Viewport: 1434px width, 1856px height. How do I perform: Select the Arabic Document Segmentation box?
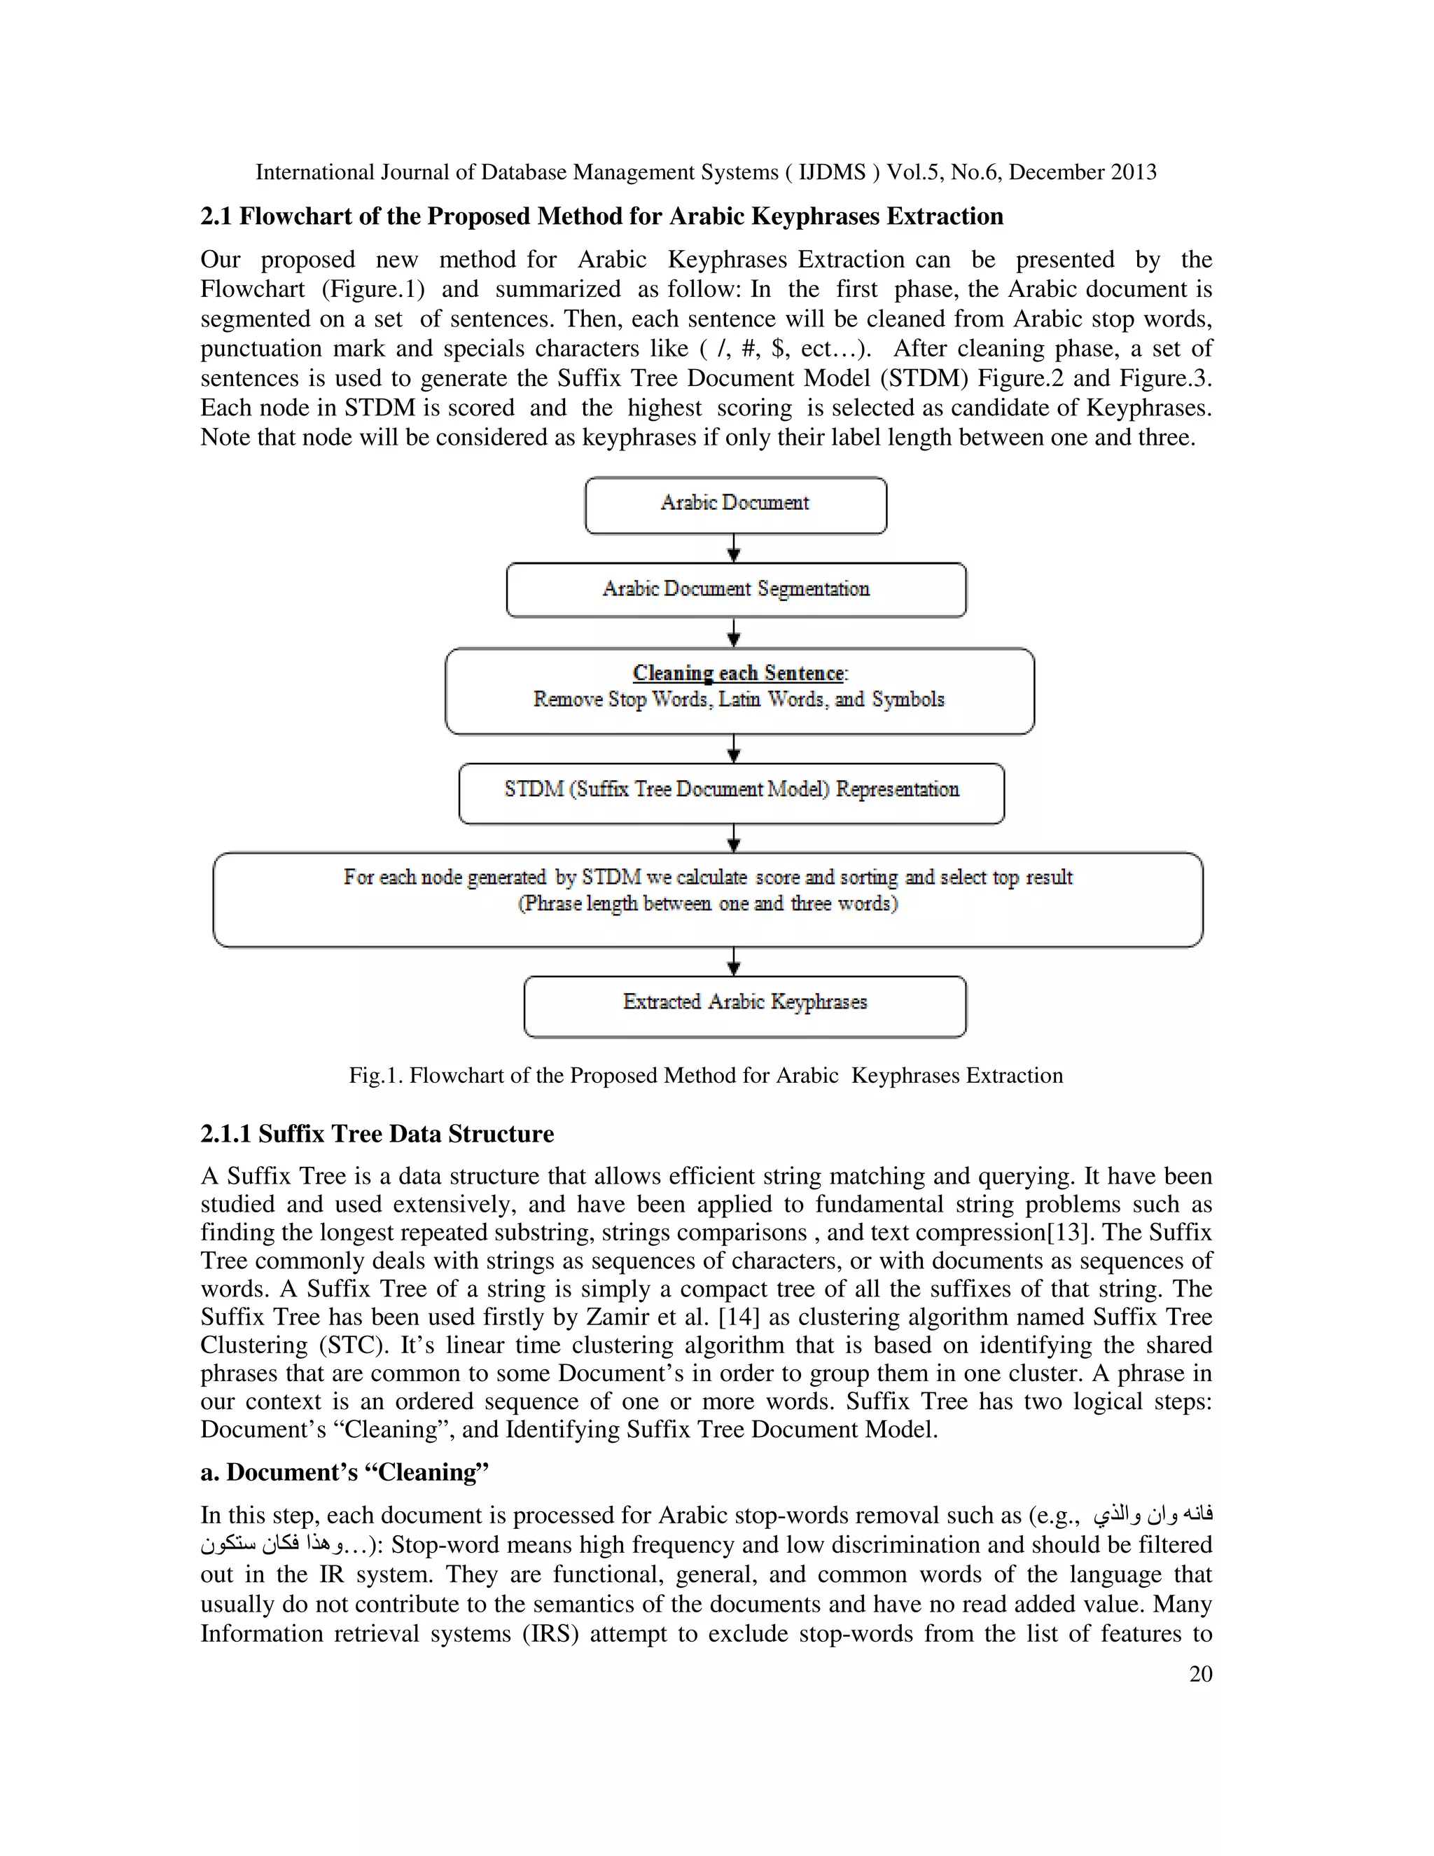click(736, 590)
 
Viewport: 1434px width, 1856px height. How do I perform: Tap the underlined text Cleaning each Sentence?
click(738, 673)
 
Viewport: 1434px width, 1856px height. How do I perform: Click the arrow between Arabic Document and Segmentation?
click(735, 548)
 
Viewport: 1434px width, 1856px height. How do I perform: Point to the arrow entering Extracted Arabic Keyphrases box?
click(735, 962)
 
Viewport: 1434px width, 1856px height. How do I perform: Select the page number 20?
click(1200, 1673)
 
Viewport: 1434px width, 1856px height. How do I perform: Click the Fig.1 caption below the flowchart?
click(705, 1075)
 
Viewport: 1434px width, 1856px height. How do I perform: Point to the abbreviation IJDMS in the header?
click(832, 172)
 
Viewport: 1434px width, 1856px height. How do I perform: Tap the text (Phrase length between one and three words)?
click(708, 903)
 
